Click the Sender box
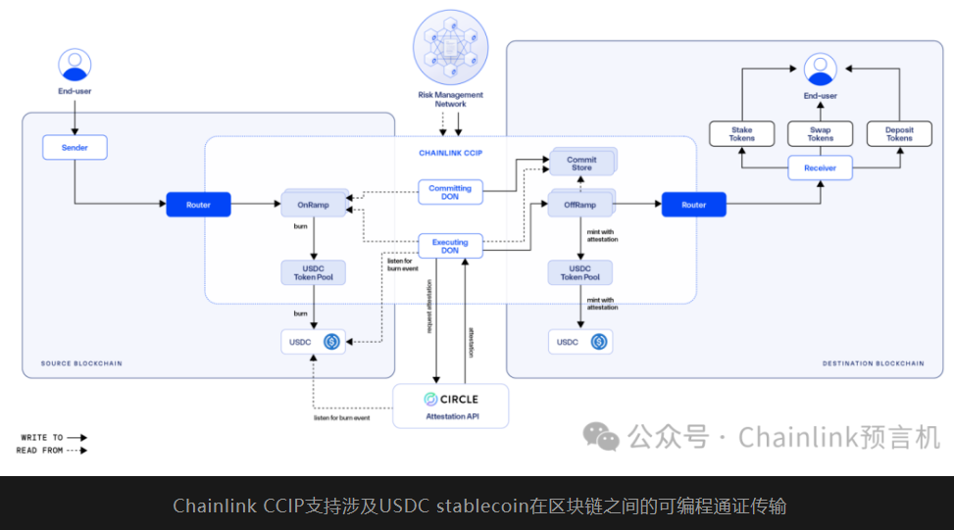(x=75, y=148)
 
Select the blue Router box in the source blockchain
(x=198, y=205)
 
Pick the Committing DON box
(x=450, y=192)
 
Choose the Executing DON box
(x=450, y=246)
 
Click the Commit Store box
(x=581, y=163)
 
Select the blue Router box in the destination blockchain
(x=693, y=205)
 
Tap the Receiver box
(x=820, y=169)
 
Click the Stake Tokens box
(x=742, y=134)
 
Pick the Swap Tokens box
(x=820, y=134)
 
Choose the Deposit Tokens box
(x=898, y=134)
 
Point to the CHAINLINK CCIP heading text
(x=450, y=153)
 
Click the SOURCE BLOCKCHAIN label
(x=81, y=363)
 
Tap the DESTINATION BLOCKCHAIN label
(x=873, y=363)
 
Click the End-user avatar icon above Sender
(x=75, y=66)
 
